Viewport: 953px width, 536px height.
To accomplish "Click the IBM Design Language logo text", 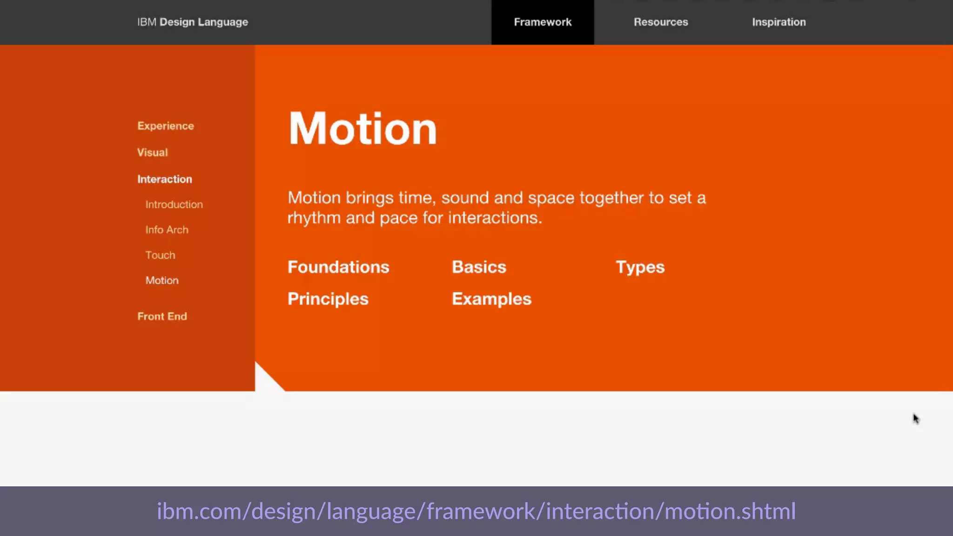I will pyautogui.click(x=193, y=22).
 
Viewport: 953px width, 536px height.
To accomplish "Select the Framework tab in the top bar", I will pyautogui.click(x=543, y=22).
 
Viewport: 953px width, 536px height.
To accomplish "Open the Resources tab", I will pyautogui.click(x=661, y=22).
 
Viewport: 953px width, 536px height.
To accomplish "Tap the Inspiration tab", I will pyautogui.click(x=779, y=22).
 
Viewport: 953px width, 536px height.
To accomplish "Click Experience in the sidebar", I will pyautogui.click(x=166, y=126).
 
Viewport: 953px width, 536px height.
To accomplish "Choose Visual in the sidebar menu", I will pyautogui.click(x=152, y=153).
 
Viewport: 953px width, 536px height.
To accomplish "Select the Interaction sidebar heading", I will pyautogui.click(x=165, y=179).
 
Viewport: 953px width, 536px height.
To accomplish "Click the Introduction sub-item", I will pyautogui.click(x=174, y=205).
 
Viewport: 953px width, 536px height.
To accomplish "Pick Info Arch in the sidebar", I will pyautogui.click(x=167, y=230).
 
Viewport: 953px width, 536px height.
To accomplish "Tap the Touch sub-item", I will pyautogui.click(x=160, y=255).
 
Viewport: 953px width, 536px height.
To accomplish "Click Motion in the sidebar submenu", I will pyautogui.click(x=162, y=281).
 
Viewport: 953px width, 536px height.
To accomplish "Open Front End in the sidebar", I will pyautogui.click(x=162, y=316).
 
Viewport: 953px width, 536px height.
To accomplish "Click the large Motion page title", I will pyautogui.click(x=362, y=129).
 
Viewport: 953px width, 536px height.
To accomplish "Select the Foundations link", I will pyautogui.click(x=338, y=267).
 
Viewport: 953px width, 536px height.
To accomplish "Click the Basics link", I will pyautogui.click(x=479, y=267).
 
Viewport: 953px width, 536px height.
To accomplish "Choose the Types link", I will pyautogui.click(x=640, y=268).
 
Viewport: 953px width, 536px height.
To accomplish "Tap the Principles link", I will pyautogui.click(x=328, y=299).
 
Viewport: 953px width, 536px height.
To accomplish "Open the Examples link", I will pyautogui.click(x=491, y=299).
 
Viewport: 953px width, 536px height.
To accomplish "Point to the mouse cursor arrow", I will pyautogui.click(x=915, y=418).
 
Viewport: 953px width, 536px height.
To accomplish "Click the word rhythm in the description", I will pyautogui.click(x=314, y=218).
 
